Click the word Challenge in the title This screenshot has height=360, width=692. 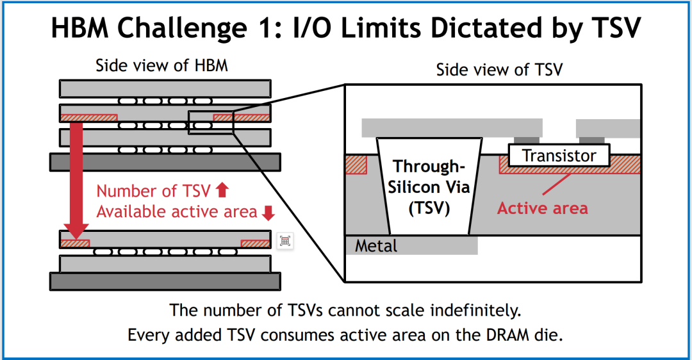point(182,28)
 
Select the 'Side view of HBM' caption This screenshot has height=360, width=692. point(162,66)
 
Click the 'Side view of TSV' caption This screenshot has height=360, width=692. point(500,70)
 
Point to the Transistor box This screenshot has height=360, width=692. point(559,155)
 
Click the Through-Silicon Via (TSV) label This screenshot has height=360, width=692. point(429,187)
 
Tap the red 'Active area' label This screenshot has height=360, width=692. point(543,208)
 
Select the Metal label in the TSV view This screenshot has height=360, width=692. point(376,246)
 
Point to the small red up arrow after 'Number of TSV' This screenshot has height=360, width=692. point(222,190)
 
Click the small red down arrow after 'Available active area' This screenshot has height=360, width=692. point(268,213)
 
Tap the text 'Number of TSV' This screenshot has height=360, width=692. point(154,191)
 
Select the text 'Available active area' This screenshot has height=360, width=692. point(177,212)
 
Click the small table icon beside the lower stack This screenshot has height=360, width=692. point(285,241)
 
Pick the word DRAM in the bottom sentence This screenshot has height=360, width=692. point(507,335)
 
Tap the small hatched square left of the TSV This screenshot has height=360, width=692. point(356,165)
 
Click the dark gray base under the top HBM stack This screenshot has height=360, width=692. point(165,162)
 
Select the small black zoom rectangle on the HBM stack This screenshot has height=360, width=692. point(211,122)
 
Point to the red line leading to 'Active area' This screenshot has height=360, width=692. point(556,184)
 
